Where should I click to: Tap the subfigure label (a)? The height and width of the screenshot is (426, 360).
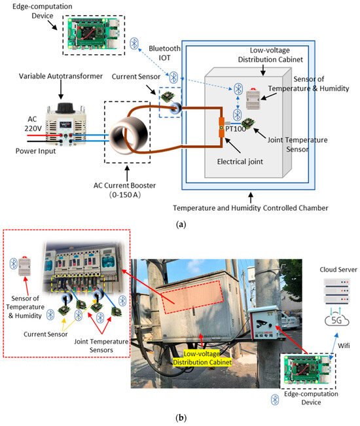(180, 223)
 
